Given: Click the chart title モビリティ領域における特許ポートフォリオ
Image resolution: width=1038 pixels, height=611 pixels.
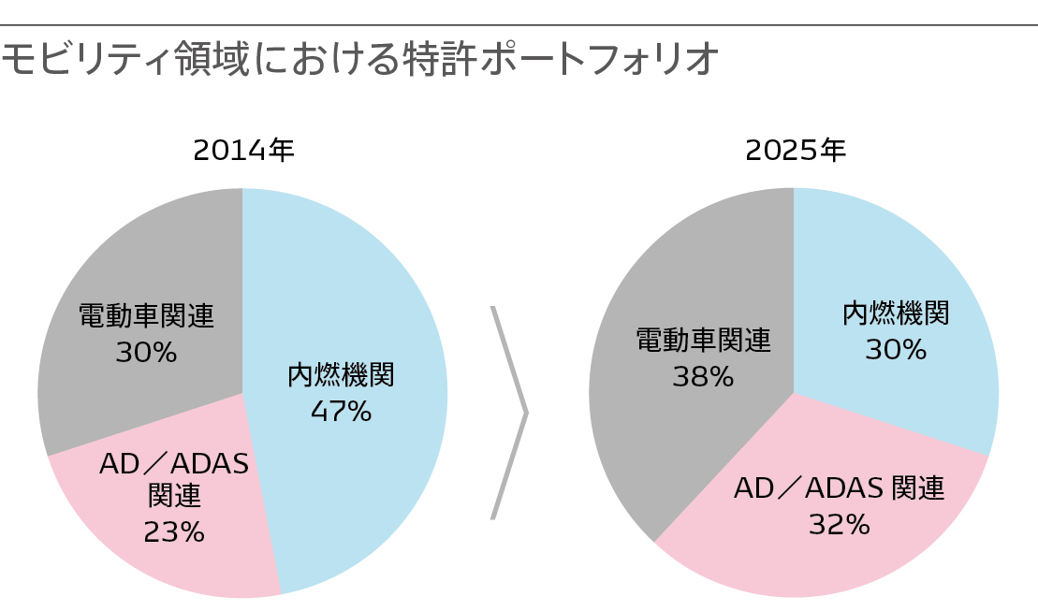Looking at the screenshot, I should (360, 60).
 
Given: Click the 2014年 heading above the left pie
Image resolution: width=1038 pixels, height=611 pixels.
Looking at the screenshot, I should (243, 151).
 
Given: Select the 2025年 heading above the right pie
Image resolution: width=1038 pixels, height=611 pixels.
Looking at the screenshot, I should (796, 151).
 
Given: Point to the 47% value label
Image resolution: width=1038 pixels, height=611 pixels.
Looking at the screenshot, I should (341, 411).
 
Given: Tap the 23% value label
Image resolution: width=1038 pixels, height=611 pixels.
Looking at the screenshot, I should (174, 531).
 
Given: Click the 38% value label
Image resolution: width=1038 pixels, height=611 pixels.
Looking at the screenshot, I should (703, 376).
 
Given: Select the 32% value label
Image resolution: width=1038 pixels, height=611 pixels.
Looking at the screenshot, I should (840, 524).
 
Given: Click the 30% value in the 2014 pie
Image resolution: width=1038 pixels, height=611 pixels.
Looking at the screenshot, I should (146, 353).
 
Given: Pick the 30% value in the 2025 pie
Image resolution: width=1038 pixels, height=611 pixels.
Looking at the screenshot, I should (896, 349).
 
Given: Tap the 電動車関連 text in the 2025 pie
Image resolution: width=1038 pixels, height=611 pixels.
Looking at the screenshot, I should (703, 341).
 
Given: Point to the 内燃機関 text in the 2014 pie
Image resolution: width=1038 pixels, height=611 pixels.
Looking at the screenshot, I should (341, 375).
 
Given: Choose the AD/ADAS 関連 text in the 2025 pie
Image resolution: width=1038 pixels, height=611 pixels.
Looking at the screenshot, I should (840, 488).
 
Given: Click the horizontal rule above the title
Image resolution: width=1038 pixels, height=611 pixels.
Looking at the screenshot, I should (519, 25).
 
